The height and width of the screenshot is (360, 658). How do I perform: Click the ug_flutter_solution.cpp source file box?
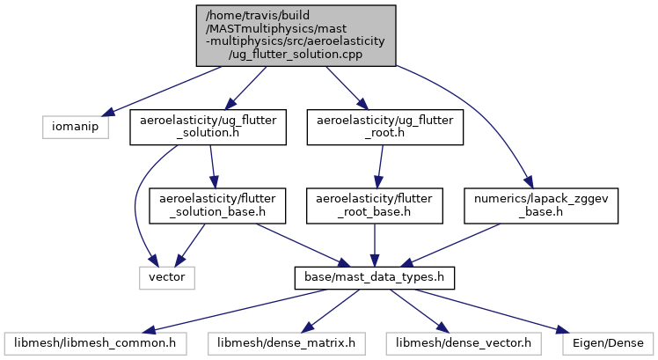tap(296, 36)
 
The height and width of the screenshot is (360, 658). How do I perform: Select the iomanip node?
tap(76, 127)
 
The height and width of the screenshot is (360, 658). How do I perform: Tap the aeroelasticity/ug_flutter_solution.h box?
tap(208, 128)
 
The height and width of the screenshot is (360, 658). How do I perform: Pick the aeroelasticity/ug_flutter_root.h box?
tap(385, 128)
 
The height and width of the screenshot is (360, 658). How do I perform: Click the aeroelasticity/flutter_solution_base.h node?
tap(217, 206)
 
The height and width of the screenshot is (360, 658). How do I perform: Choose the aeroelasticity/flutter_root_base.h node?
tap(375, 206)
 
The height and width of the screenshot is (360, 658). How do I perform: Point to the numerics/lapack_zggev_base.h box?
tap(541, 206)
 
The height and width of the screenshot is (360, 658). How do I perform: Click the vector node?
tap(167, 277)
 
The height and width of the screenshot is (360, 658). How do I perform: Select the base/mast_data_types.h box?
tap(375, 277)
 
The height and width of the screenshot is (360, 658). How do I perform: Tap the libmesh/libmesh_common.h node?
tap(95, 343)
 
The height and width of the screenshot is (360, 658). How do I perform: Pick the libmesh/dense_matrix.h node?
tap(286, 343)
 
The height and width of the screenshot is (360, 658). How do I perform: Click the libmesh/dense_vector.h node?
tap(464, 343)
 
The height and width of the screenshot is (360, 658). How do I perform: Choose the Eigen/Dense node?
tap(608, 343)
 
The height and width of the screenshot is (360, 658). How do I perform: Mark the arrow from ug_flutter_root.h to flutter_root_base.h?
tap(380, 166)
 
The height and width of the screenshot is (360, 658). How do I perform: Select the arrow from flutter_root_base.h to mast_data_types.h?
tap(375, 246)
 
